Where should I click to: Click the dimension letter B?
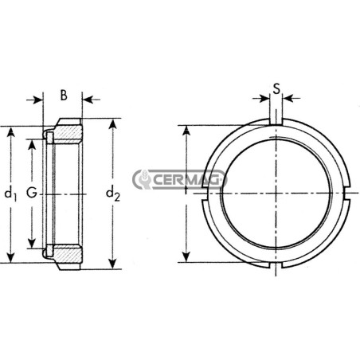point(64,96)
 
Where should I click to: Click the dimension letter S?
point(276,89)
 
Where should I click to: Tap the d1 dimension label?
point(10,194)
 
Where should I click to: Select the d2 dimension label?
point(113,194)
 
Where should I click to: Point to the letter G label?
point(32,193)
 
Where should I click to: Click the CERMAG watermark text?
point(188,179)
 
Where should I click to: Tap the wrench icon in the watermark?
point(143,179)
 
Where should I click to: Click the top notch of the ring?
point(276,121)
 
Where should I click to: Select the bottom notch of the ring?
point(276,265)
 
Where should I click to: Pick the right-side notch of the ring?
point(347,194)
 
